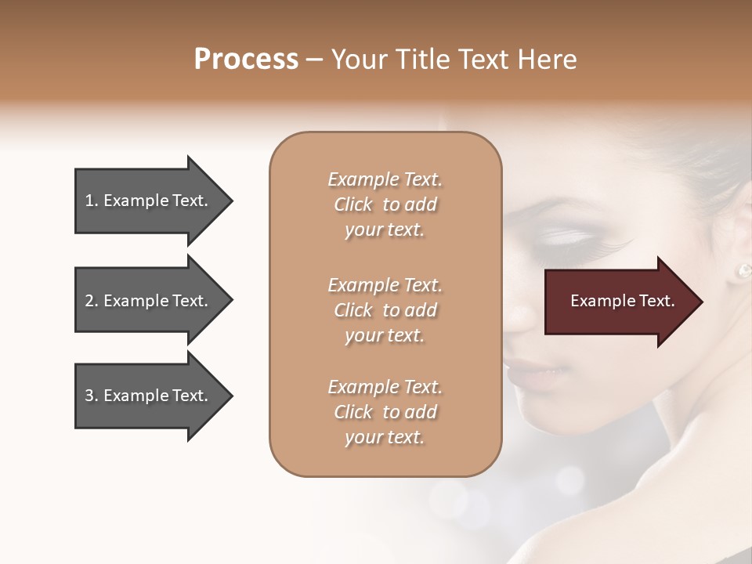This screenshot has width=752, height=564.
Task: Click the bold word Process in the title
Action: (x=246, y=60)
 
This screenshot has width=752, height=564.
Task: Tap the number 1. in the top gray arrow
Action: (x=92, y=201)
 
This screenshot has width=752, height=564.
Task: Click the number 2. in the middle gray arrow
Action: (x=92, y=301)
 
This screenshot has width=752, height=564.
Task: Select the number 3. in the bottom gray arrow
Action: (x=92, y=396)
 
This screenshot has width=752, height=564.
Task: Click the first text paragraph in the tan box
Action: (x=385, y=204)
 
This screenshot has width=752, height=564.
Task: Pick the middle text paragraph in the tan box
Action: (x=385, y=309)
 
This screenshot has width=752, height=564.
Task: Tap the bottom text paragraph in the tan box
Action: (x=385, y=412)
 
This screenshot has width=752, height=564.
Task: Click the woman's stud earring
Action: (x=743, y=271)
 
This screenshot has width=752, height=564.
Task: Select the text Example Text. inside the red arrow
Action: (x=623, y=301)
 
